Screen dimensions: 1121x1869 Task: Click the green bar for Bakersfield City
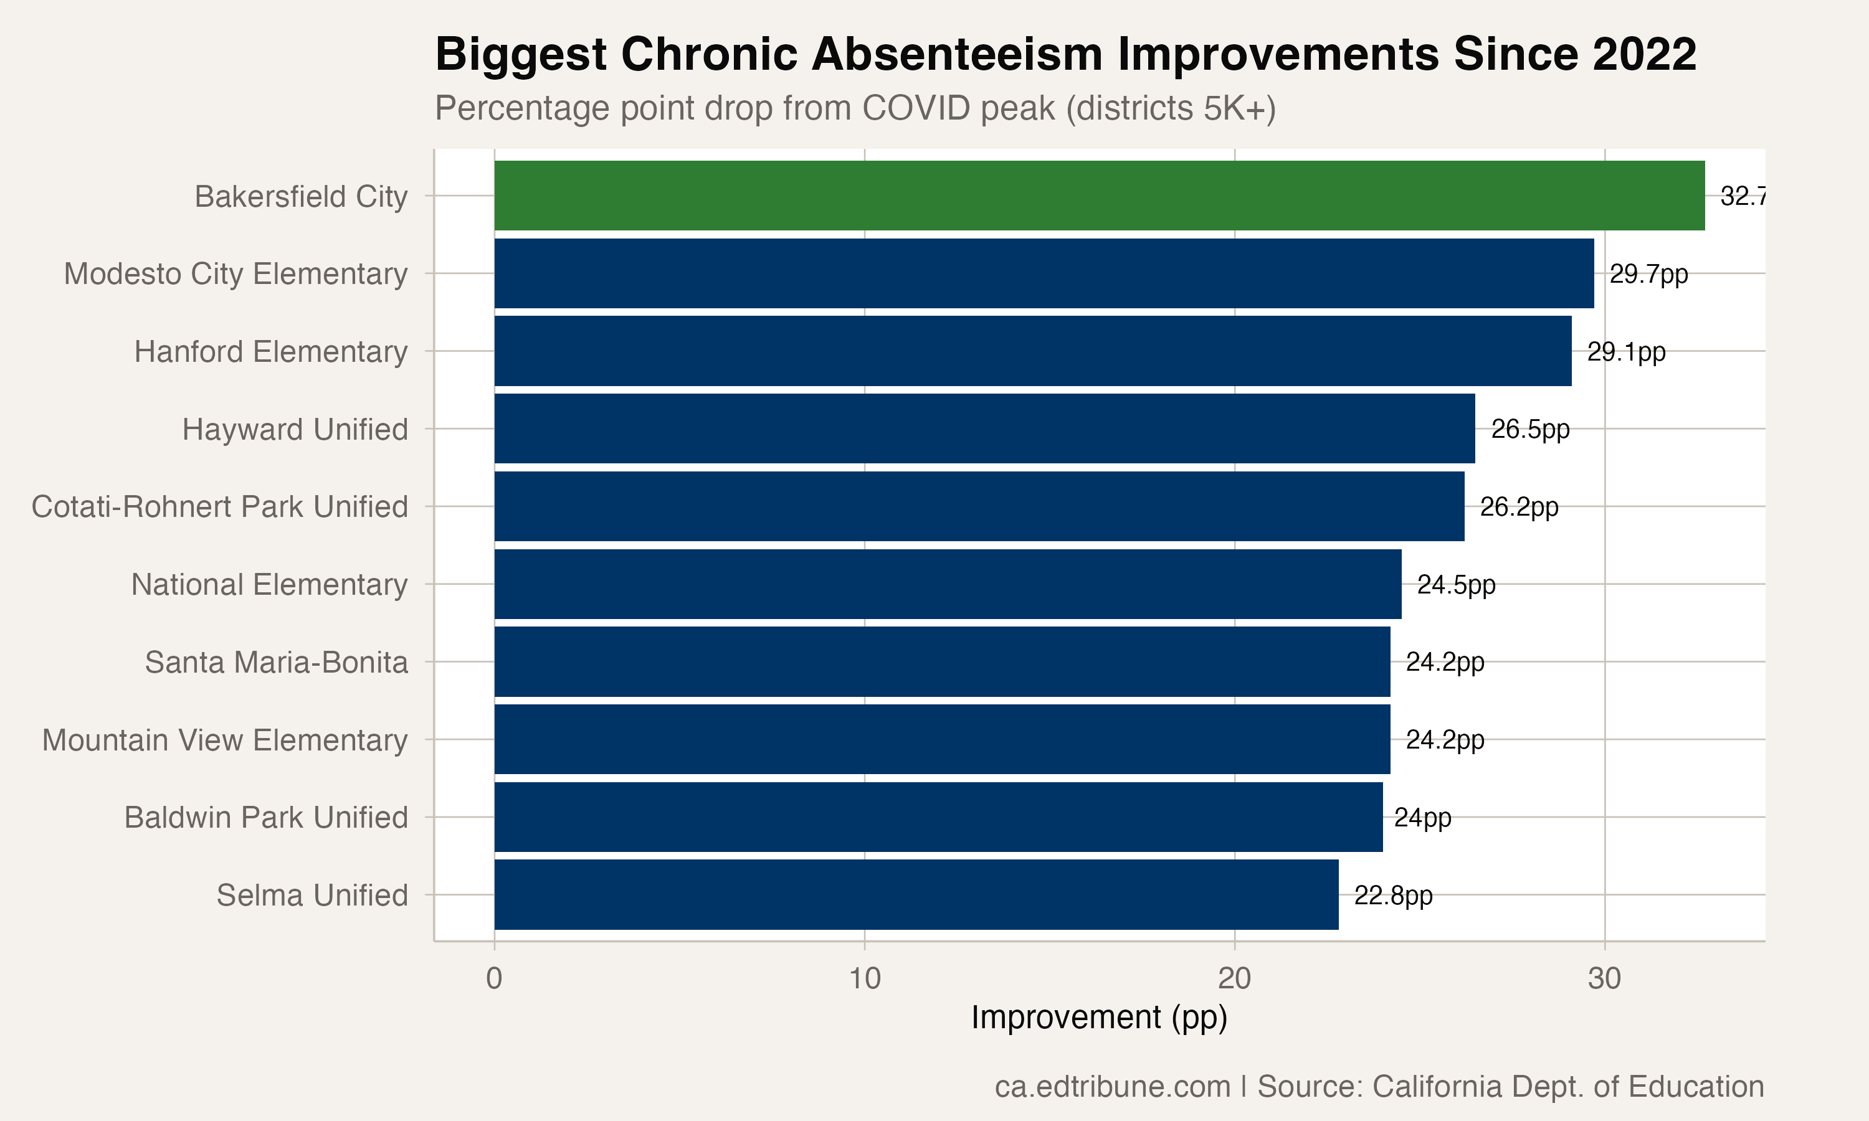pyautogui.click(x=1099, y=196)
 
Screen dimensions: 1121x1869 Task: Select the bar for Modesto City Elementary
pyautogui.click(x=1044, y=273)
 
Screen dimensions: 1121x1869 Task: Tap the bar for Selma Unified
pyautogui.click(x=916, y=895)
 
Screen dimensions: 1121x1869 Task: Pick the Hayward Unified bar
pyautogui.click(x=984, y=429)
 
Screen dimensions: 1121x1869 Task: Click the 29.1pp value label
pyautogui.click(x=1626, y=352)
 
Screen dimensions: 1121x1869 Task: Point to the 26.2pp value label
pyautogui.click(x=1518, y=507)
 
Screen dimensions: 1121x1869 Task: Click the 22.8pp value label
pyautogui.click(x=1392, y=896)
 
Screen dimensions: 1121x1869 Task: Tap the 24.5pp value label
pyautogui.click(x=1456, y=585)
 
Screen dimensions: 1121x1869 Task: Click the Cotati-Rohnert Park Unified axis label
pyautogui.click(x=220, y=507)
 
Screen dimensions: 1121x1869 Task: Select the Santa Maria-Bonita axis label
pyautogui.click(x=277, y=663)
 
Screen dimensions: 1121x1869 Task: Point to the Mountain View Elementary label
pyautogui.click(x=225, y=740)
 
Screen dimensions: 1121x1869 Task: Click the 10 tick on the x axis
pyautogui.click(x=864, y=979)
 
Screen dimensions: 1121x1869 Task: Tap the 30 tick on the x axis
pyautogui.click(x=1604, y=979)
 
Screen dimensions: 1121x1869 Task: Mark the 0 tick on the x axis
pyautogui.click(x=494, y=979)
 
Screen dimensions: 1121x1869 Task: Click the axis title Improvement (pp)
pyautogui.click(x=1099, y=1018)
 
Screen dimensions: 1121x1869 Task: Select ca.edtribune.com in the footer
pyautogui.click(x=1112, y=1087)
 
